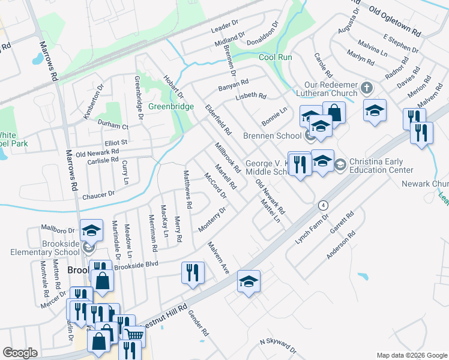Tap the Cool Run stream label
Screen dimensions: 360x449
click(x=275, y=58)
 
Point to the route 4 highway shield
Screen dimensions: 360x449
click(x=324, y=205)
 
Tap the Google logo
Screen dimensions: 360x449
click(x=20, y=353)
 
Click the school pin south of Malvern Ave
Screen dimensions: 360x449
click(x=249, y=281)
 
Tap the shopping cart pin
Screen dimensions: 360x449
click(x=134, y=336)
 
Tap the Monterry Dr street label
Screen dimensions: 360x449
click(x=212, y=220)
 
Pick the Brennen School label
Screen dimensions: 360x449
click(x=271, y=136)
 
